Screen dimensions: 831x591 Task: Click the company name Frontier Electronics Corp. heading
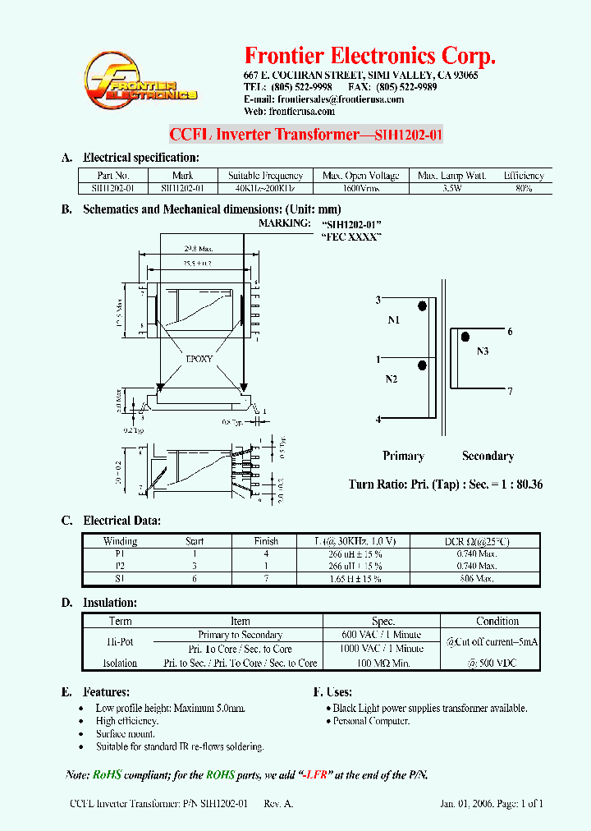[x=370, y=56]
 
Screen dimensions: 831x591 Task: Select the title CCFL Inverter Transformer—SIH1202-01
[x=305, y=135]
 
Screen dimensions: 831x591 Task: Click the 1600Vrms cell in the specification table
[x=360, y=188]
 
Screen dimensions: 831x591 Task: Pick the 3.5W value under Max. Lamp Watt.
[x=451, y=188]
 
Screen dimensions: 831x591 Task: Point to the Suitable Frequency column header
[x=265, y=175]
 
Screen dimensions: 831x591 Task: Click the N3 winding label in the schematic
[x=483, y=351]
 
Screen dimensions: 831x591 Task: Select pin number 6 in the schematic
[x=510, y=332]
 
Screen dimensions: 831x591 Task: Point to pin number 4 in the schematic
[x=378, y=420]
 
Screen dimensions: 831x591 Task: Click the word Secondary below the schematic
[x=488, y=456]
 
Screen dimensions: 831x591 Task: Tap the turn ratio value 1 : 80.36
[x=515, y=484]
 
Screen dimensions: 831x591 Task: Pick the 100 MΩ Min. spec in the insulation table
[x=383, y=663]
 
